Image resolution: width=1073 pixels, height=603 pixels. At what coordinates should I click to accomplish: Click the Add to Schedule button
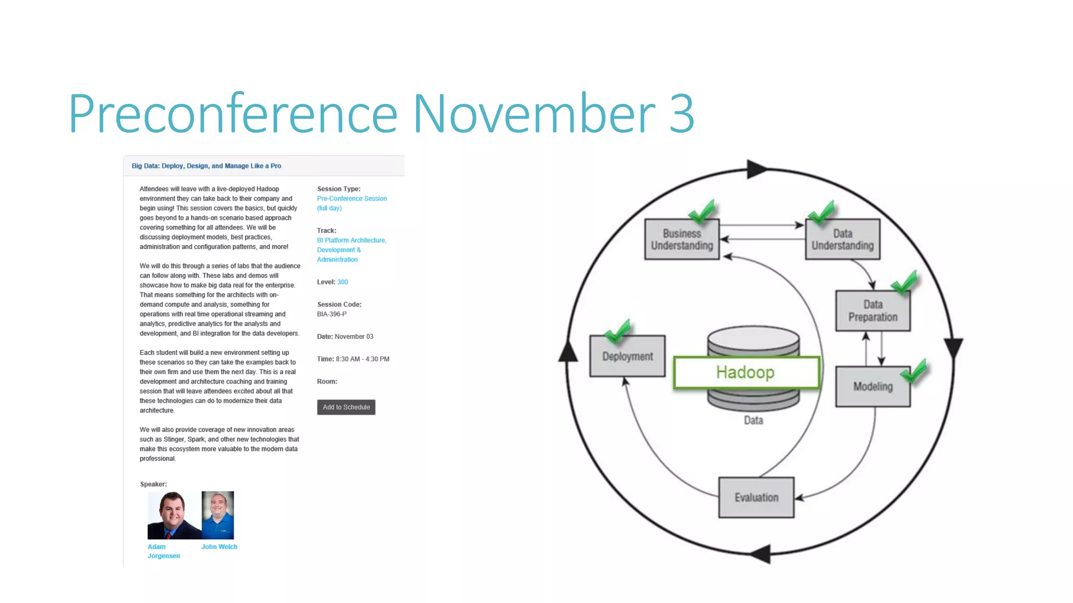346,407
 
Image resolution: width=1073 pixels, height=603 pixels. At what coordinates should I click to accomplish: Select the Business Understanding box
682,240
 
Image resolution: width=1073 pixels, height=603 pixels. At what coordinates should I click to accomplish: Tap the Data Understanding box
842,240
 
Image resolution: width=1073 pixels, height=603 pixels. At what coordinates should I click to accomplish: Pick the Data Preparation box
872,311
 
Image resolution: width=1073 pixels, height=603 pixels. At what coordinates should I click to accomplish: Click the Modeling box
872,387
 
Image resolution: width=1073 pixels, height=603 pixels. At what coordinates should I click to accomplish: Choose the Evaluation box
756,498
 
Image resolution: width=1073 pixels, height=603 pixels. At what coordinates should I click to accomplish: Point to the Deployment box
627,356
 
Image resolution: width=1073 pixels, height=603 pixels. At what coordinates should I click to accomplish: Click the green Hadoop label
746,373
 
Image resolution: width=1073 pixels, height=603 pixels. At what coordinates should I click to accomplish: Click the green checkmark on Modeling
914,372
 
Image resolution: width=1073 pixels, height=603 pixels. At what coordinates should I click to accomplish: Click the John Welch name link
219,546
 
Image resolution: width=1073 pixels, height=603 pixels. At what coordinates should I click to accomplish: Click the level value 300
343,282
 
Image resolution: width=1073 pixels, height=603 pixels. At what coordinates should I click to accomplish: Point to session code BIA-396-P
332,314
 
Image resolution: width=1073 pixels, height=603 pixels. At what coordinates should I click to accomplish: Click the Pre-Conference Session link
352,199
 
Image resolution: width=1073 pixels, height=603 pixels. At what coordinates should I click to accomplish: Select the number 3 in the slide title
682,114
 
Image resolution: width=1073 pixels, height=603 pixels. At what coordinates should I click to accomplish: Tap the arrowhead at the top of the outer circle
756,169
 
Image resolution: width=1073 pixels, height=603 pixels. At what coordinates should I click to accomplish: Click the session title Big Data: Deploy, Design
206,166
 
